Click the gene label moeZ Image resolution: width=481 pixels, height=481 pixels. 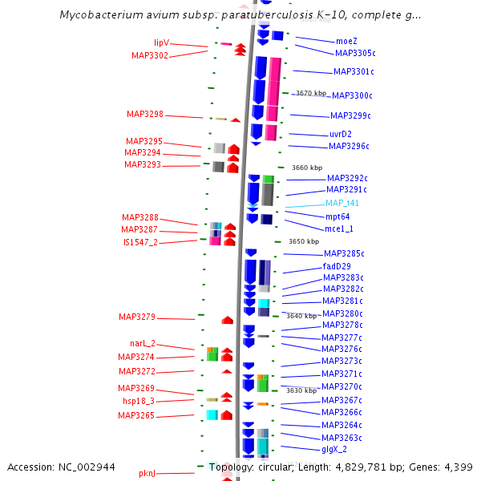point(346,41)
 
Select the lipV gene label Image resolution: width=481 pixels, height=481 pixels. point(161,43)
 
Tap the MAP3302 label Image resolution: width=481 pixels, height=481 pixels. point(150,56)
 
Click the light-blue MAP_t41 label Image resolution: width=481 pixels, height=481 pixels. point(342,203)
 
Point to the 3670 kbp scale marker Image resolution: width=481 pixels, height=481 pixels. point(311,94)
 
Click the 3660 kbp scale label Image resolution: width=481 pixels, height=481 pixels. point(307,168)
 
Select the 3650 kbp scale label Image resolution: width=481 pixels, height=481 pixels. point(304,241)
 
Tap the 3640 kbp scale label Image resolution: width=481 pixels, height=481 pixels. point(301,316)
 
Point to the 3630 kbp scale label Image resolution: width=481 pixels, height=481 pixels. point(301,390)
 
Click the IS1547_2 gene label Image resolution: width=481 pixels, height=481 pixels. point(140,242)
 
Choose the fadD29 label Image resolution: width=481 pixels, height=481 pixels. point(337,266)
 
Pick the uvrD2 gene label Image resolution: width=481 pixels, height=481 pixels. point(341,134)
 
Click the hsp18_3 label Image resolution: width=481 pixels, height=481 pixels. point(138,401)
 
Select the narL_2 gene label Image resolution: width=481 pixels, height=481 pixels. point(143,344)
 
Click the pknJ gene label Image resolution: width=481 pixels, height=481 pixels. point(147,474)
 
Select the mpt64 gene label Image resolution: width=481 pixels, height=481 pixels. point(338,216)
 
